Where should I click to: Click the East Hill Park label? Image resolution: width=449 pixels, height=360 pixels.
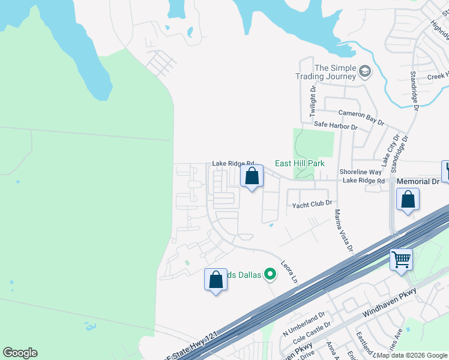300,163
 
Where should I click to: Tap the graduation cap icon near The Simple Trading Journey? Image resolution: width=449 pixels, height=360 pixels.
364,73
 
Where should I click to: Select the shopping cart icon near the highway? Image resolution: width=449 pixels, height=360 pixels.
402,260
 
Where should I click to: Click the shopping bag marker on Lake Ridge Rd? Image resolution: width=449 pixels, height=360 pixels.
252,176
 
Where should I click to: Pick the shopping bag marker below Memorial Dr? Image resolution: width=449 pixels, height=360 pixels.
408,200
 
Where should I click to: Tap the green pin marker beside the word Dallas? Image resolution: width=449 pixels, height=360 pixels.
270,275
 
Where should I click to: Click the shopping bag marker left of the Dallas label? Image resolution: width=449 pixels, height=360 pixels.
216,280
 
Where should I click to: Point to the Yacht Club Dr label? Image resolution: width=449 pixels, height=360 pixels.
312,205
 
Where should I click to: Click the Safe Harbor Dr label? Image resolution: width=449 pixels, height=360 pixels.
336,127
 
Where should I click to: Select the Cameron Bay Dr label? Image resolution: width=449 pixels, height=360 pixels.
361,116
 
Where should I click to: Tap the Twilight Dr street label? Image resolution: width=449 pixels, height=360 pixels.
313,101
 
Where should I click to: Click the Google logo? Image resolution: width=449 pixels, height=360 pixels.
20,353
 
